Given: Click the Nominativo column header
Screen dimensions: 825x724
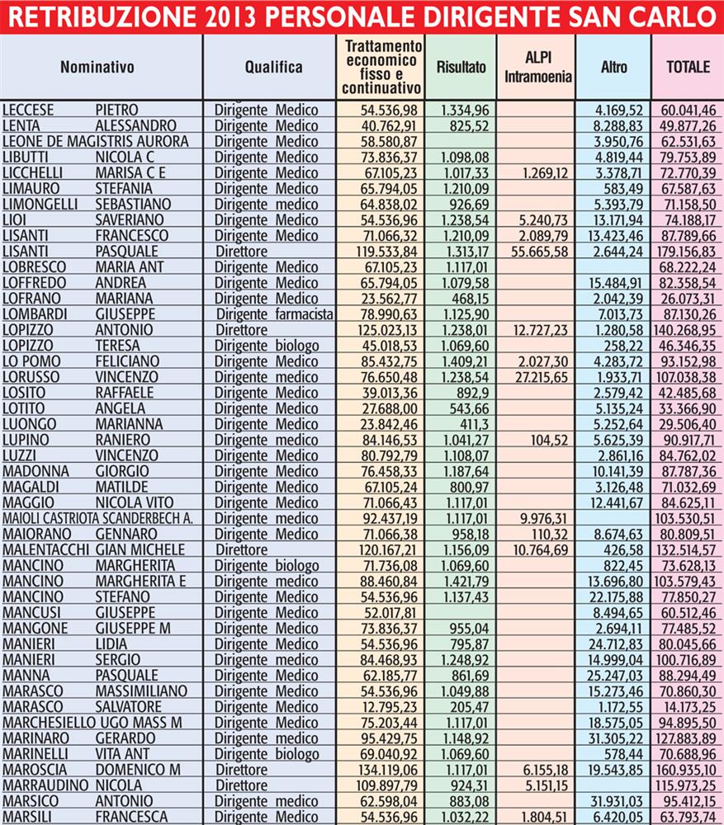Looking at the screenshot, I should click(x=97, y=68).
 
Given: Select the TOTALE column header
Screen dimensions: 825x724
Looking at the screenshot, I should click(x=688, y=68).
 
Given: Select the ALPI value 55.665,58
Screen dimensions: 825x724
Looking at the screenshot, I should click(x=537, y=251).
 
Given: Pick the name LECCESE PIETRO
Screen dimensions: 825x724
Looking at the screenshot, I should click(x=70, y=110).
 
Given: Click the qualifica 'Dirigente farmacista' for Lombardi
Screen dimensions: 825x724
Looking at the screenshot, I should click(x=274, y=313).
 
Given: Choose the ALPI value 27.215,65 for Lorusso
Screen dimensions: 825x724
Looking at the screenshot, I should click(x=537, y=376).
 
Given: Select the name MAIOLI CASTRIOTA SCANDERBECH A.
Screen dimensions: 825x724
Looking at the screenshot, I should click(x=97, y=517).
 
